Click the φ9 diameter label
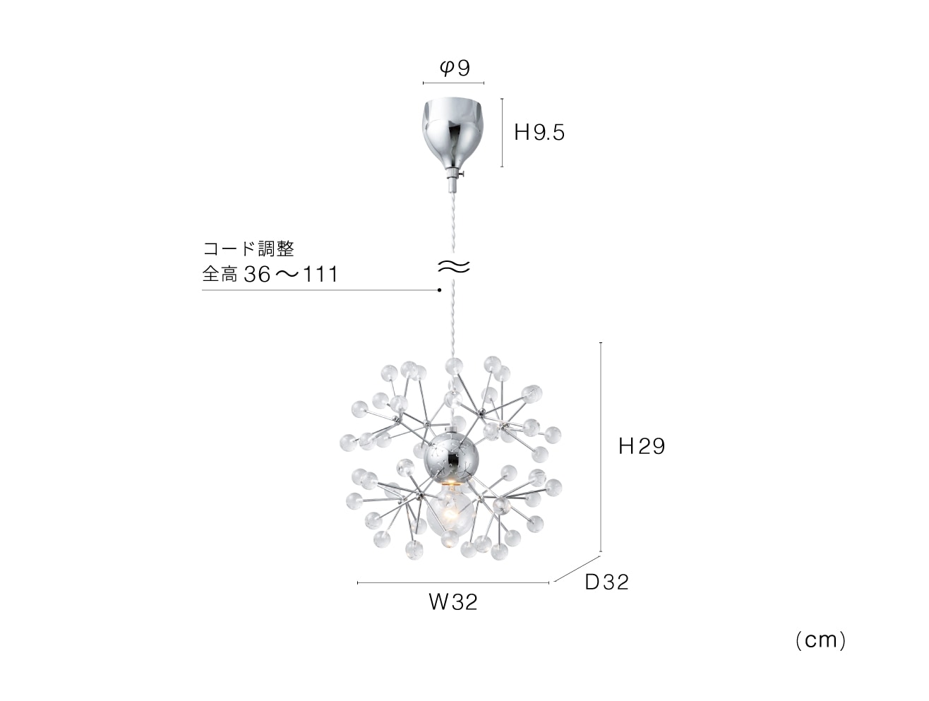455,68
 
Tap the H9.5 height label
539,133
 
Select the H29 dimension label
642,446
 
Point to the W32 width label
453,602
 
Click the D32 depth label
606,582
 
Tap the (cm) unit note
820,640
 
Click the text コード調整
248,248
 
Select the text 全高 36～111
270,274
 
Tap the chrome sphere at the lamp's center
450,459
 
